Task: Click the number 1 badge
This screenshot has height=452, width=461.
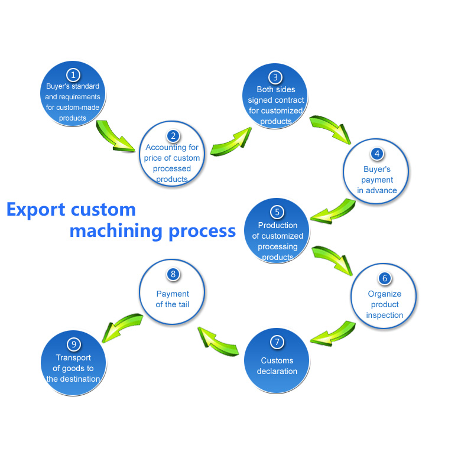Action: [x=73, y=75]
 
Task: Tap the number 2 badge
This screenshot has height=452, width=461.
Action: [x=172, y=135]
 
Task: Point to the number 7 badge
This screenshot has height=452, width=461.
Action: [x=277, y=343]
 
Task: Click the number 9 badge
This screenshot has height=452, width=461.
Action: [x=73, y=344]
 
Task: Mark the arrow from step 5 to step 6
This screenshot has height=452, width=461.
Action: [x=331, y=258]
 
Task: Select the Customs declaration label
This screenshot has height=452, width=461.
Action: [x=277, y=366]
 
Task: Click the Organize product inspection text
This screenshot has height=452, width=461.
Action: [x=384, y=304]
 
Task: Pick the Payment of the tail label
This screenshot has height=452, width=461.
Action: [x=173, y=299]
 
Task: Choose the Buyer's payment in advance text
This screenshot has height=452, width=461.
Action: [x=377, y=180]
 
